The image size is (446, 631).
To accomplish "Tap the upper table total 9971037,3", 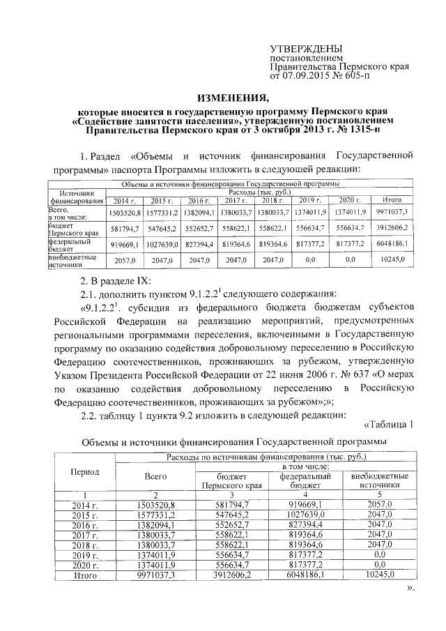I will click(x=385, y=211).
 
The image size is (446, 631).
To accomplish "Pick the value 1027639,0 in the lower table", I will click(x=300, y=515).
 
